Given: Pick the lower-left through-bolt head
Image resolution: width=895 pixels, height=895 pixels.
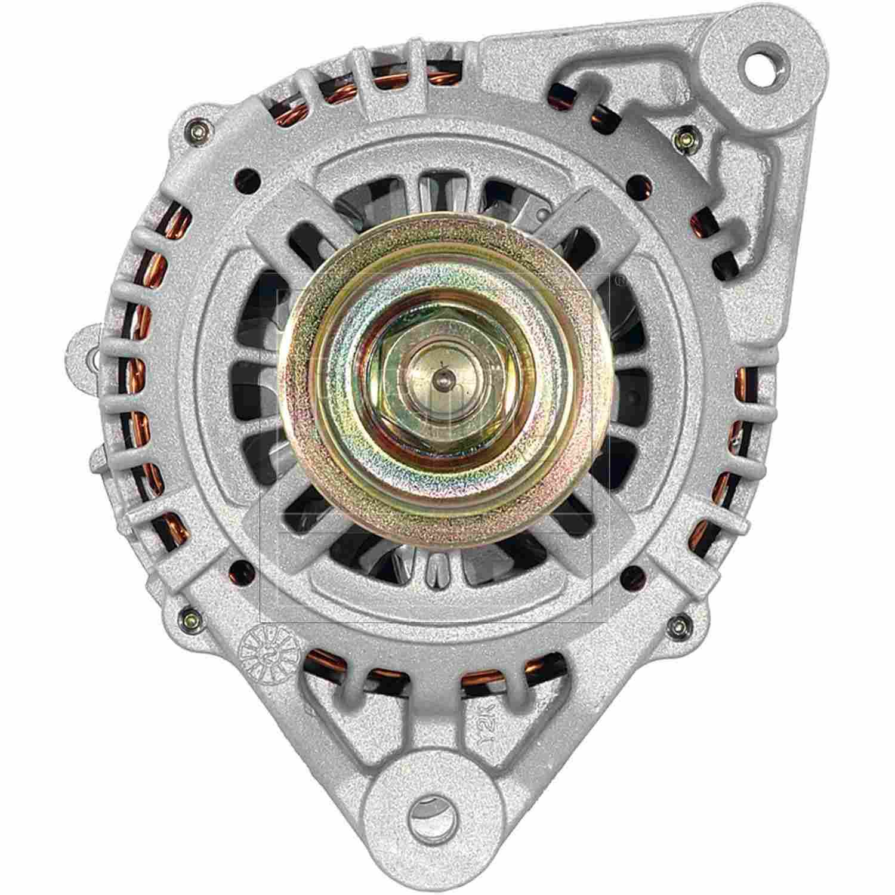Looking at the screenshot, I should (189, 615).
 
